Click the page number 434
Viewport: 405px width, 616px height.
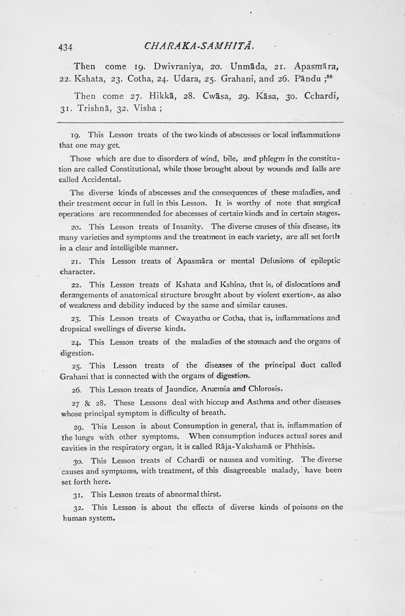pos(66,47)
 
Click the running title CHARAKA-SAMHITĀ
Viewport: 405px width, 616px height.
pos(195,47)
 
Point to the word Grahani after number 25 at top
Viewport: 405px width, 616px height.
pos(210,79)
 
